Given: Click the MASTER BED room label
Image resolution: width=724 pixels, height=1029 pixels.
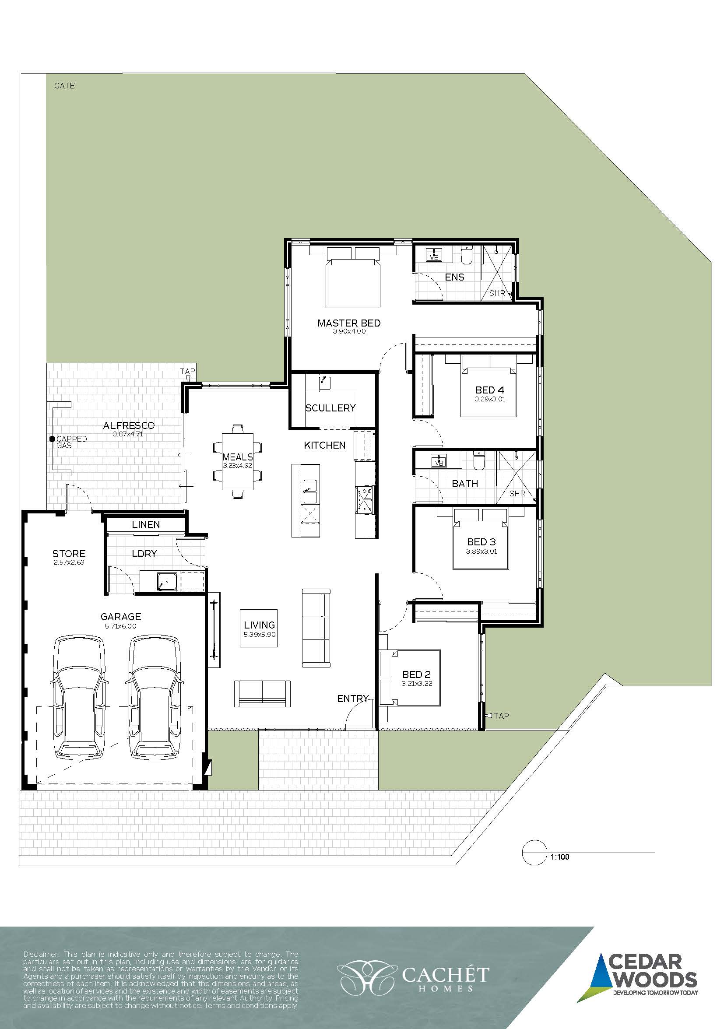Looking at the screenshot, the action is point(349,323).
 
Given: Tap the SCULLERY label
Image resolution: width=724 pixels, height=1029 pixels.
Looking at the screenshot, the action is point(330,408).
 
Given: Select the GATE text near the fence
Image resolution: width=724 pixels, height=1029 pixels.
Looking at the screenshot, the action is point(64,86).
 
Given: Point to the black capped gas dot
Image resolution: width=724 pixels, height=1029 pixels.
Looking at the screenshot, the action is point(52,439).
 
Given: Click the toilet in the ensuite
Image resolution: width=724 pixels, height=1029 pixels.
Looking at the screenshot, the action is point(466,255).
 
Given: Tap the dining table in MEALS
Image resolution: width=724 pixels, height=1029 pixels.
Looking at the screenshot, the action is point(238,461).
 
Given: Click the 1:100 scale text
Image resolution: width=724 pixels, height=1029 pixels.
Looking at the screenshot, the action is point(560,857).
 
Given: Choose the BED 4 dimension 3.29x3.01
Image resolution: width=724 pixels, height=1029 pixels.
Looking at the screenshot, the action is point(490,399).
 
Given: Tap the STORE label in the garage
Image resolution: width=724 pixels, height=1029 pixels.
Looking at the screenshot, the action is point(69,554).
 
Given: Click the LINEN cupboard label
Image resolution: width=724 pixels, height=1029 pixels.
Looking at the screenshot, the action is point(146,524).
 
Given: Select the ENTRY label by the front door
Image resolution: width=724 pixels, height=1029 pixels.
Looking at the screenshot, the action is point(353,698).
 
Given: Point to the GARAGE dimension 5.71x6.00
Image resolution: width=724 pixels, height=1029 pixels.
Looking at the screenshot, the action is point(120,626).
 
